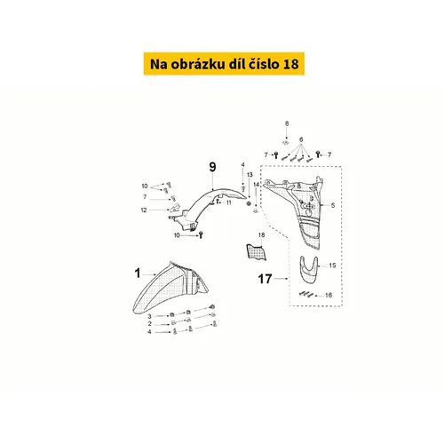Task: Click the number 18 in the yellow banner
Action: tap(290, 64)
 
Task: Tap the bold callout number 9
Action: tap(212, 167)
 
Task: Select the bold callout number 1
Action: tap(138, 274)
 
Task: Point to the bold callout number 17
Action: tap(265, 279)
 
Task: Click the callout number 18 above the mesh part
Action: tap(261, 235)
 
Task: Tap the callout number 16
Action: tap(329, 295)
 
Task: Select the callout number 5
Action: tap(333, 205)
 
